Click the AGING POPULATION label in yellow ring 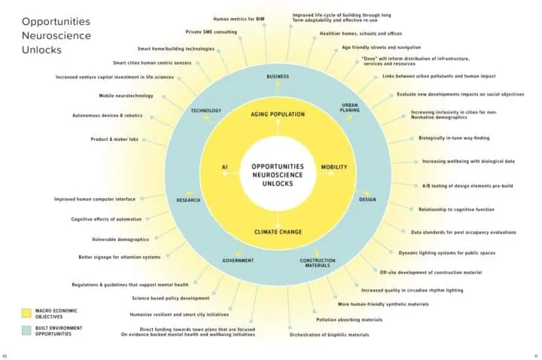tap(277, 114)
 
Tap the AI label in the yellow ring tap(224, 167)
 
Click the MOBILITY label tap(333, 167)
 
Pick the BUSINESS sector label tap(277, 77)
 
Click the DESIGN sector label tap(367, 200)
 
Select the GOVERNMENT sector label tap(237, 261)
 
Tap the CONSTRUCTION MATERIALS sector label tap(318, 262)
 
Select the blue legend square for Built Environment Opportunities tap(26, 329)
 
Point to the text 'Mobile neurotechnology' tap(126, 96)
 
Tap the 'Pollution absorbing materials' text tap(349, 319)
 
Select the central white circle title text tap(277, 173)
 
